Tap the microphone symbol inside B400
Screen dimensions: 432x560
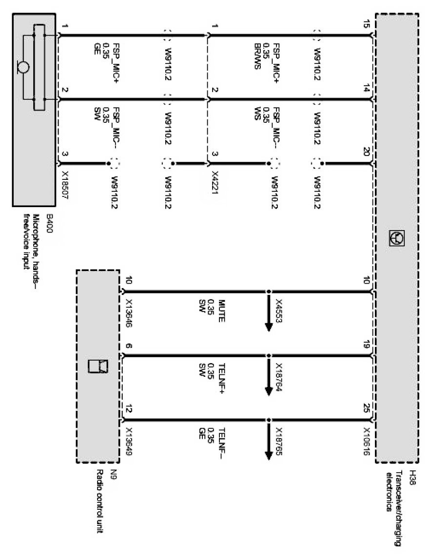(23, 66)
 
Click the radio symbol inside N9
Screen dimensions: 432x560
(97, 366)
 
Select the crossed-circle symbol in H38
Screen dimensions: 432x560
(396, 237)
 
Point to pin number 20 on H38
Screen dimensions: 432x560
(366, 152)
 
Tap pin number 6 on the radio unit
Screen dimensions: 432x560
(127, 347)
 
